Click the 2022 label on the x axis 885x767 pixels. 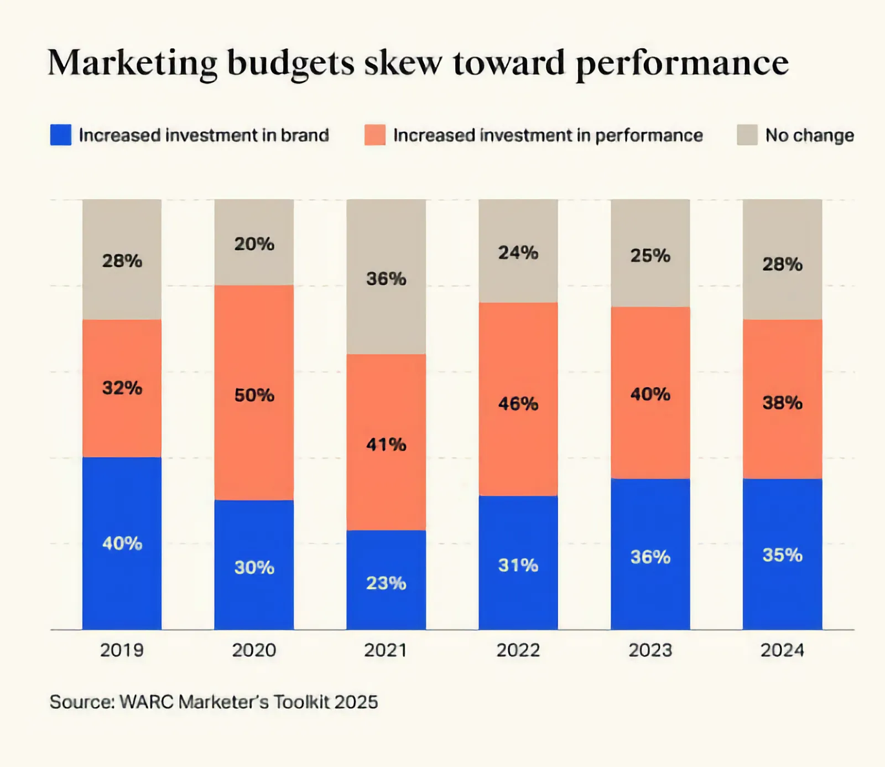pos(518,650)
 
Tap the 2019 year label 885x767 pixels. pos(122,650)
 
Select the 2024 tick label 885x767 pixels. pos(782,650)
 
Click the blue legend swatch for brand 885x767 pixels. pos(61,135)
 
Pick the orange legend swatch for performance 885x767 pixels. pos(375,135)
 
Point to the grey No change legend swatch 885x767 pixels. pos(747,135)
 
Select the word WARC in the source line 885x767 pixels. pos(147,702)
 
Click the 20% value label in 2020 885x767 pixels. pos(254,244)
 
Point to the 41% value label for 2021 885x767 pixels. pos(386,444)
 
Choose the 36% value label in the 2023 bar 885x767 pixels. pos(650,557)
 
